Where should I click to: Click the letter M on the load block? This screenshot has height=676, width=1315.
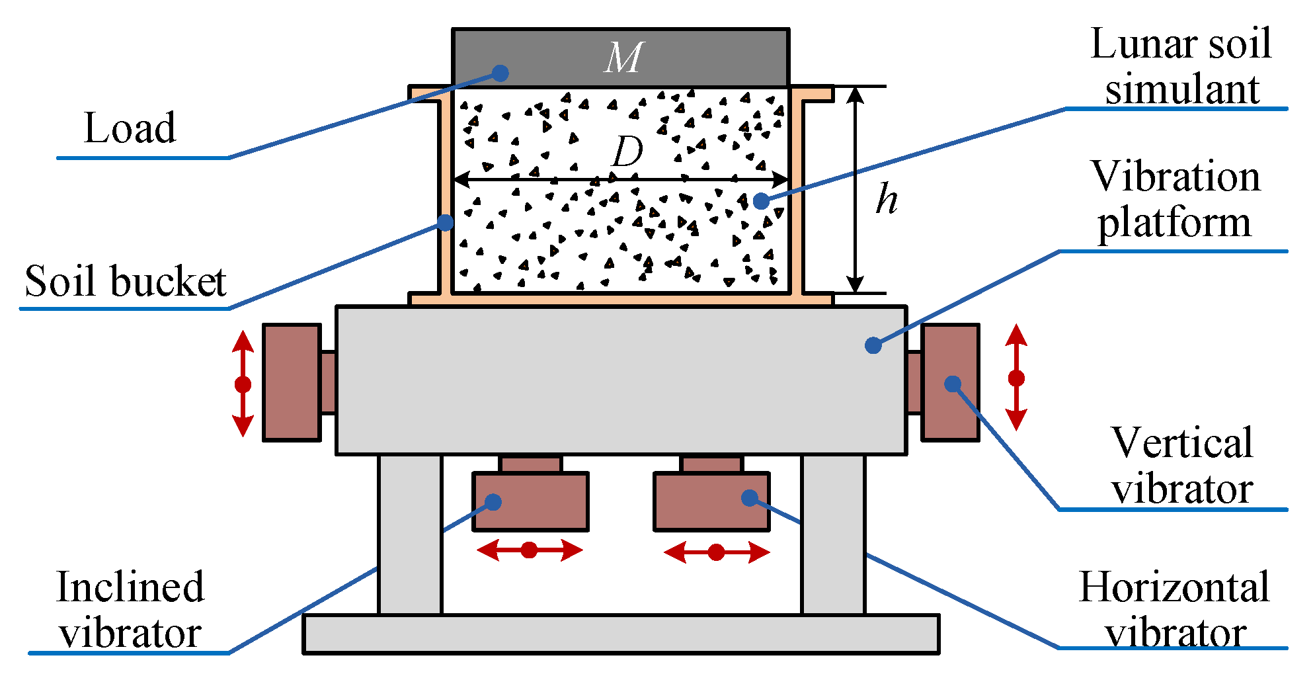point(623,58)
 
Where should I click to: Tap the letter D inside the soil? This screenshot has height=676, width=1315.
point(627,153)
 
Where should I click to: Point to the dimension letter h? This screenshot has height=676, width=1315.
point(887,199)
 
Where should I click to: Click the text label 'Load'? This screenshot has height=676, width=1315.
point(130,128)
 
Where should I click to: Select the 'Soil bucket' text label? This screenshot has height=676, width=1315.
point(126,282)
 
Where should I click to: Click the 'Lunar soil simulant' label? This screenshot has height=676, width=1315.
point(1181,66)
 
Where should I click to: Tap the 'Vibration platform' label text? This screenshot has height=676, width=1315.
point(1176,199)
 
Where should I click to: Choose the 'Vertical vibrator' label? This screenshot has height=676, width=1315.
point(1182,466)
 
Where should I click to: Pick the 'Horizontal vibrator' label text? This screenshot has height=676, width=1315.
point(1174,610)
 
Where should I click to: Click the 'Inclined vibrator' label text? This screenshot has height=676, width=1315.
point(130,610)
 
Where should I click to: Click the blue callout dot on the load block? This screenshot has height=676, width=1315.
point(500,73)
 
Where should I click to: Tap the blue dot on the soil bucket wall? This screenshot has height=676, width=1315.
point(446,223)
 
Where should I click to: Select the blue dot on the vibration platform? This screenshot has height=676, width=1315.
point(873,345)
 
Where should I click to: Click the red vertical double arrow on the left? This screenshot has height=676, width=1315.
point(243,384)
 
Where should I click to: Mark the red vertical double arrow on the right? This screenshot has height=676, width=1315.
point(1016,378)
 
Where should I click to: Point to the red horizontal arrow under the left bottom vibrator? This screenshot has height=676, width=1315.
point(529,550)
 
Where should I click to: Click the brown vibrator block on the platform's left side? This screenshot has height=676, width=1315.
point(292,382)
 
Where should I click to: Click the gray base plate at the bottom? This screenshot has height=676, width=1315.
point(621,634)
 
